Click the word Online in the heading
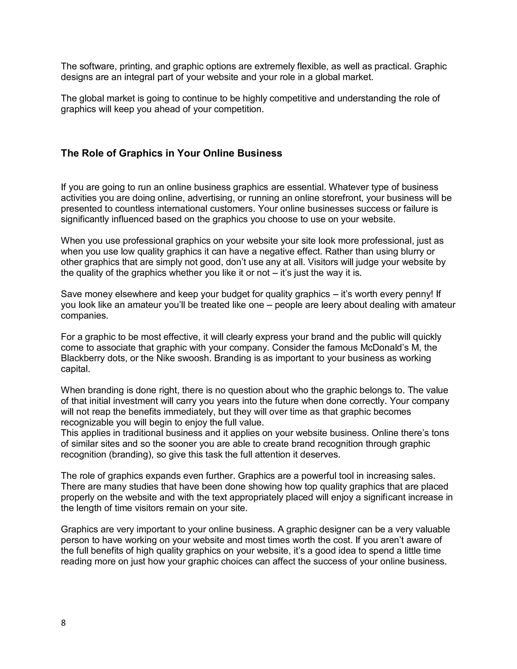[218, 153]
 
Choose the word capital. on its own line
[75, 369]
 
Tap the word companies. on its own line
[85, 316]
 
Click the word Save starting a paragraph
[71, 294]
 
